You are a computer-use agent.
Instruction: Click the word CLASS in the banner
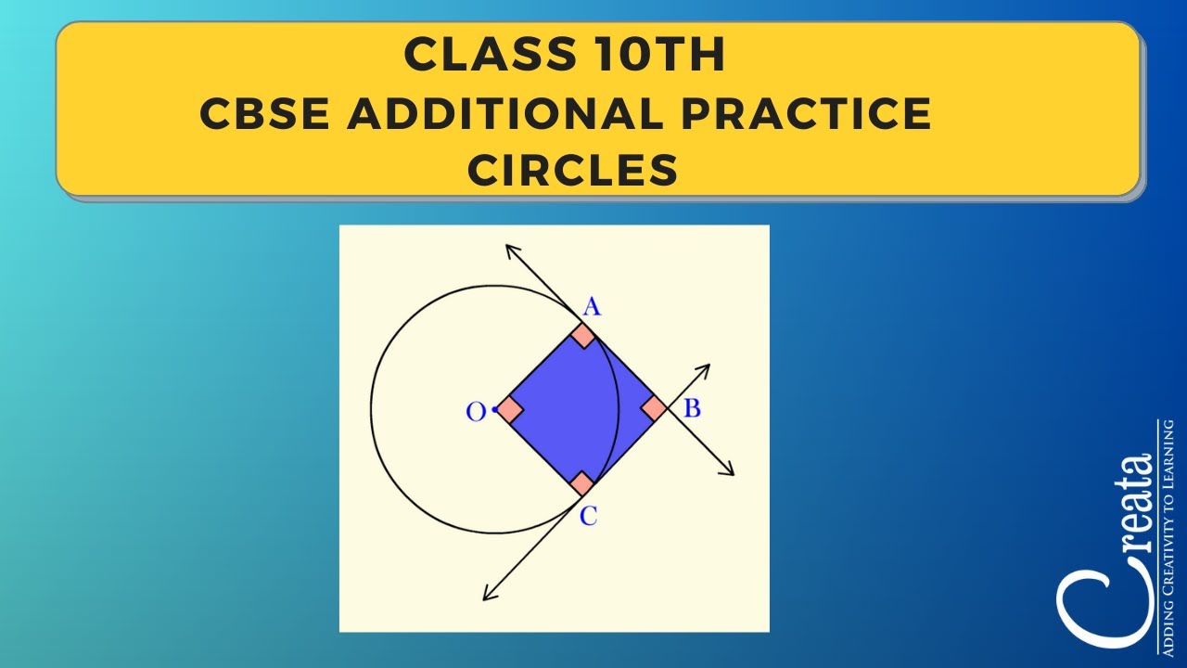tap(479, 56)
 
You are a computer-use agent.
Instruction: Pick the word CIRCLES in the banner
tap(572, 170)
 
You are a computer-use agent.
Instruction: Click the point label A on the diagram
tap(591, 306)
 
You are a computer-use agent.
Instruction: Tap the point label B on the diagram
tap(691, 407)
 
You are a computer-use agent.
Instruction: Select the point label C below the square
tap(588, 517)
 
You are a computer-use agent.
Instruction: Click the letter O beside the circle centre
tap(476, 412)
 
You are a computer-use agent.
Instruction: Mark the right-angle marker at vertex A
tap(582, 335)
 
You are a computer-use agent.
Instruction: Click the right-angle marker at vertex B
tap(653, 408)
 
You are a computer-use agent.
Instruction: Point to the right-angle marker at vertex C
tap(581, 482)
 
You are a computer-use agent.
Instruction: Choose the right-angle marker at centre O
tap(509, 409)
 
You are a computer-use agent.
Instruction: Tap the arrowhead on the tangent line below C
tap(489, 595)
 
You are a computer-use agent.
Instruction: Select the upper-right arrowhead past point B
tap(705, 368)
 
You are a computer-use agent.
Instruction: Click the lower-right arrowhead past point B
tap(729, 470)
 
